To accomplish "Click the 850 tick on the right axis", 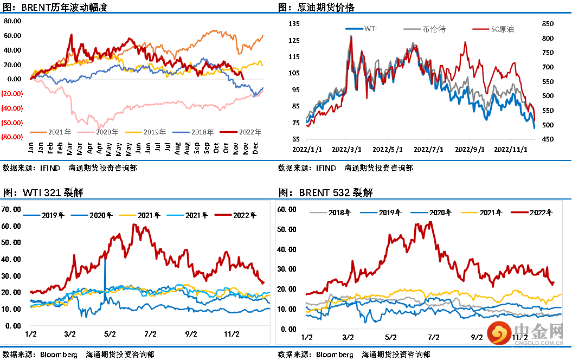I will pos(548,24).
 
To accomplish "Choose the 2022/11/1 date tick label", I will pos(512,148).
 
